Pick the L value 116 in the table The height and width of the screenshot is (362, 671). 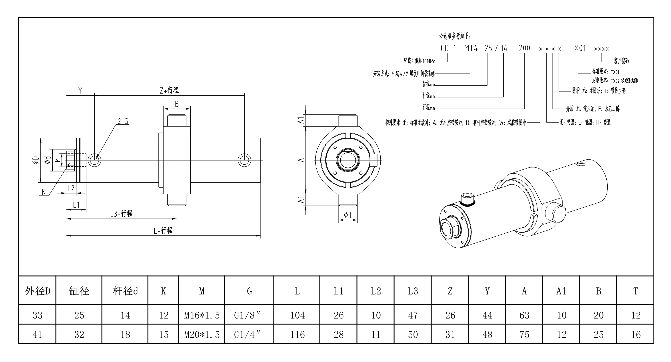297,335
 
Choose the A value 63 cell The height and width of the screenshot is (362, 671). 524,315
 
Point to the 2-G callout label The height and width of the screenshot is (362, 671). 123,121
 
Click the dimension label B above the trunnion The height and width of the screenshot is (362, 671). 177,104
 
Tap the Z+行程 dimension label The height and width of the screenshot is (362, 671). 169,90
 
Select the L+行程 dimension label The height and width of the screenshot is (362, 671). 163,231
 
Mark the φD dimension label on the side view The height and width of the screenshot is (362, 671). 36,160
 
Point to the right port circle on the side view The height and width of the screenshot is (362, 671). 245,160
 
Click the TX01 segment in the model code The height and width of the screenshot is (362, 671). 578,48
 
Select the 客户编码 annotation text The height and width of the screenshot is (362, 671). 621,61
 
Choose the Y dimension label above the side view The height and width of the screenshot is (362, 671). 80,91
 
